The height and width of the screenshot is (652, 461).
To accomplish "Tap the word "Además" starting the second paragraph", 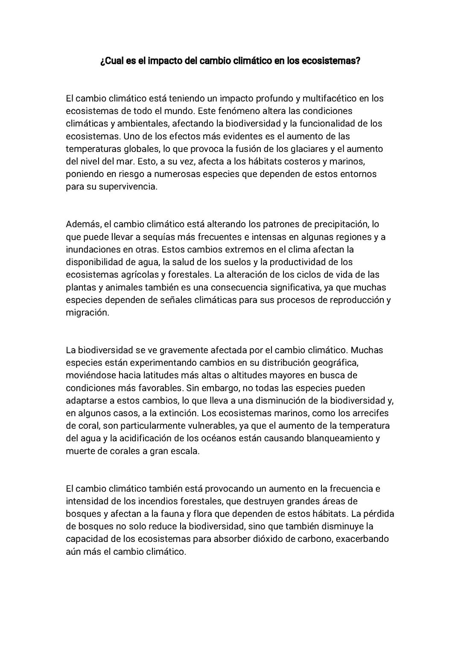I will (x=83, y=224).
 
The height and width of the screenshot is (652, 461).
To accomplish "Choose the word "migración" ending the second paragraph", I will (x=87, y=312).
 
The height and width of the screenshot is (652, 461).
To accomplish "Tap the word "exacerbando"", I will (x=362, y=538).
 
